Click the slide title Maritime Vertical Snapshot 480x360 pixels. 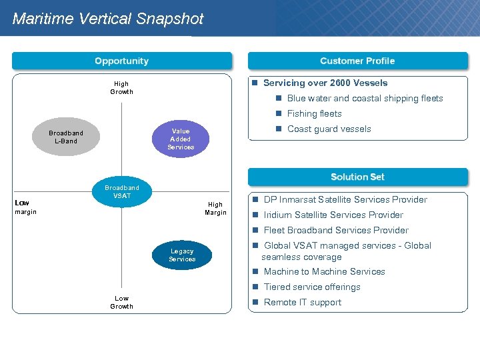(x=108, y=19)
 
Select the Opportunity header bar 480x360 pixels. (x=122, y=61)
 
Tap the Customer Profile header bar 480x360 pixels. (x=357, y=61)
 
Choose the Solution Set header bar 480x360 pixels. (x=357, y=177)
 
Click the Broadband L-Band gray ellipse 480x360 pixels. (x=66, y=137)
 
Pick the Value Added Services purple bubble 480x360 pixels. (x=181, y=139)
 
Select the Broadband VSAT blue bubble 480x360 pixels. (x=122, y=192)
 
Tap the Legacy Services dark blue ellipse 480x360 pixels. (x=182, y=255)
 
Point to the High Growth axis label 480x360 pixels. (x=121, y=87)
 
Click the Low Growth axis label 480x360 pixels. (x=121, y=302)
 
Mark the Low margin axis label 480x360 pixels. (x=25, y=207)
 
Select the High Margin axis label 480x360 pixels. (x=215, y=209)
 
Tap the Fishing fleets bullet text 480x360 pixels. (x=314, y=113)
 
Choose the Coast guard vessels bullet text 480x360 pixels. (x=329, y=129)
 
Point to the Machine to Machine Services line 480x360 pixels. (x=324, y=271)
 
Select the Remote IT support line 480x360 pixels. (x=302, y=302)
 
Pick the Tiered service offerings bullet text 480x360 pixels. (x=312, y=287)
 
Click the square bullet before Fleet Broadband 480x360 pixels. (x=255, y=230)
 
